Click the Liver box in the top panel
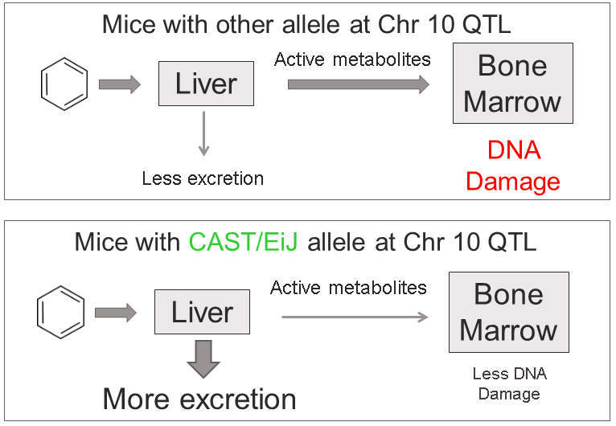click(x=206, y=84)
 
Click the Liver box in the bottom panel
click(x=202, y=312)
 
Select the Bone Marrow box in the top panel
click(x=512, y=84)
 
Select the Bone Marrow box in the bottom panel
click(x=508, y=312)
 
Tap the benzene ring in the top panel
click(x=64, y=84)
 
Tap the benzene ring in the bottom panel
click(x=60, y=313)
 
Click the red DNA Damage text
click(x=512, y=166)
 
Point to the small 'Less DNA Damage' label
click(x=508, y=383)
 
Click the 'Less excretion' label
click(x=203, y=178)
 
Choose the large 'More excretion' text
click(x=199, y=399)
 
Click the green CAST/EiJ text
click(x=243, y=242)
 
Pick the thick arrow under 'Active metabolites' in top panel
click(x=358, y=84)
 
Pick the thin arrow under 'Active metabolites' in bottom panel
click(x=354, y=317)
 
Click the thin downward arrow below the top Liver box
click(x=204, y=133)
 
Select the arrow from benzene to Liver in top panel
click(x=119, y=84)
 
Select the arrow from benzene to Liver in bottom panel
click(x=115, y=313)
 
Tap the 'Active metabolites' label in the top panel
click(x=352, y=59)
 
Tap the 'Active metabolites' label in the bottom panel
click(x=348, y=288)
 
